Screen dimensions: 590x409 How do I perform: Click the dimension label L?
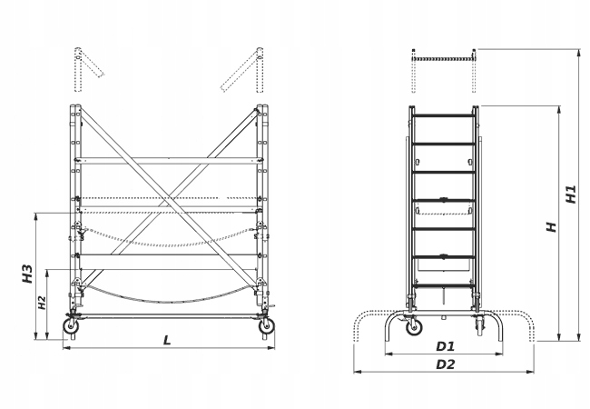coord(167,340)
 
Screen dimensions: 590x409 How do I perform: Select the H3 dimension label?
coord(27,273)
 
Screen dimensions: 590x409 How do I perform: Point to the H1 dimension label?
coord(570,195)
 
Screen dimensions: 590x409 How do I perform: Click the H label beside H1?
coord(551,226)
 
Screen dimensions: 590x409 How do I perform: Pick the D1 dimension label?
coord(445,346)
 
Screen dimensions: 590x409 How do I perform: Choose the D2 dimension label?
coord(445,364)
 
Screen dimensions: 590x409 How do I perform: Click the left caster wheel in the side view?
coord(69,326)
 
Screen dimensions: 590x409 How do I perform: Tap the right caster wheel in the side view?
coord(266,326)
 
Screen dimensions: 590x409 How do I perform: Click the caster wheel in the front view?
coord(414,328)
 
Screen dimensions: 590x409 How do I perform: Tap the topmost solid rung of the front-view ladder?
coord(445,115)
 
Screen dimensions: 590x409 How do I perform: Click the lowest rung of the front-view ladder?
coord(445,257)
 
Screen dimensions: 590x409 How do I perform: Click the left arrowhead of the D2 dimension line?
coord(357,371)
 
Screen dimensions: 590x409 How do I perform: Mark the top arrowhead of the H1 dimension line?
coord(578,51)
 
